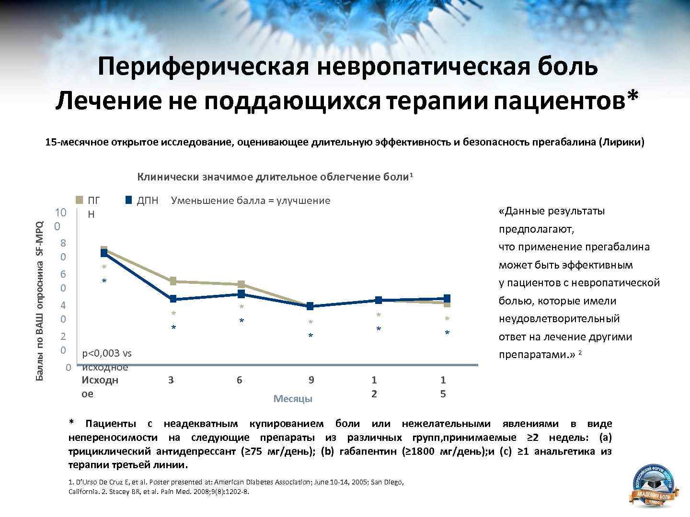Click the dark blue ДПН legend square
click(128, 200)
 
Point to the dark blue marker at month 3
click(173, 299)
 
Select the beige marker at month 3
click(173, 281)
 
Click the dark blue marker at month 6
click(241, 293)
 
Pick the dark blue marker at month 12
click(379, 300)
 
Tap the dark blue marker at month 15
click(447, 298)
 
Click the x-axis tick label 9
click(311, 380)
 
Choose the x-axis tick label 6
click(239, 380)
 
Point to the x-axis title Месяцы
click(293, 399)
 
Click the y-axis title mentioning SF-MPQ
click(40, 301)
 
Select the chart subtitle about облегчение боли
click(275, 177)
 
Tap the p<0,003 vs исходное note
click(107, 360)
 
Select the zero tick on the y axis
click(69, 367)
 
